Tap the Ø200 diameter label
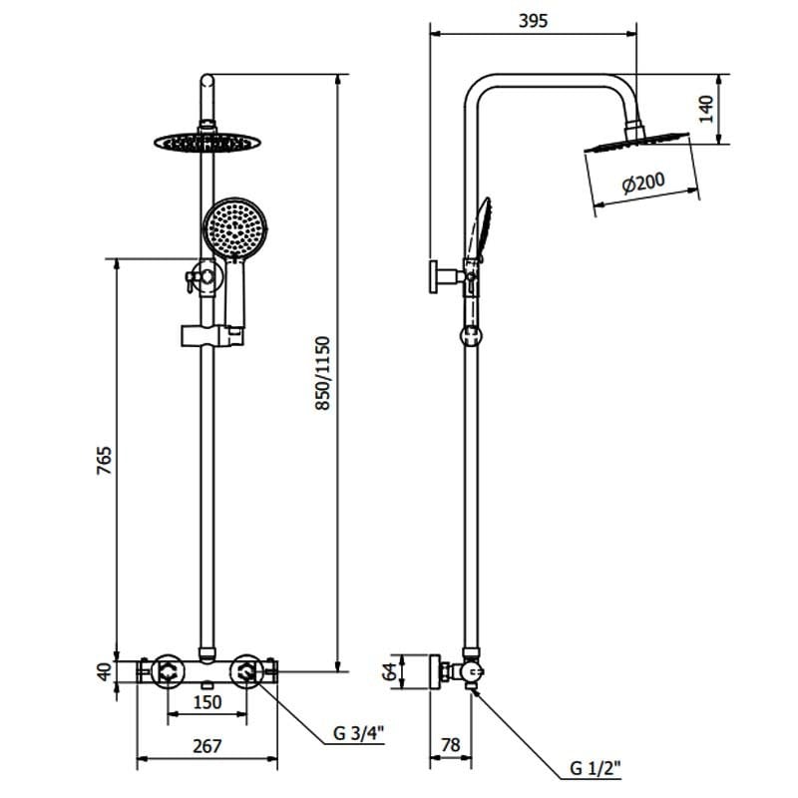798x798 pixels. (643, 184)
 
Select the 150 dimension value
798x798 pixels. (207, 703)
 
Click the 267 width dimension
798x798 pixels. (207, 746)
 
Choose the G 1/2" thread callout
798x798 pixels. (597, 768)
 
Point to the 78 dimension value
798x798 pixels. (450, 746)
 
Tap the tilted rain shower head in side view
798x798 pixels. (636, 142)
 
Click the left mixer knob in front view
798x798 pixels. (165, 671)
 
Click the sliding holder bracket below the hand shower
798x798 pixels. (209, 336)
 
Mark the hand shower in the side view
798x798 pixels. (483, 224)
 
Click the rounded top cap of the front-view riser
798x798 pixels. (207, 81)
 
